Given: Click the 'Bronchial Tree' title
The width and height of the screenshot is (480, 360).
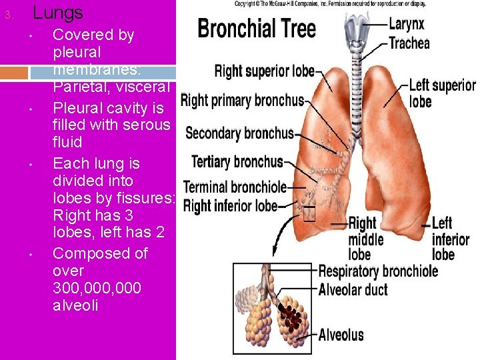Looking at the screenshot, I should pos(257,29).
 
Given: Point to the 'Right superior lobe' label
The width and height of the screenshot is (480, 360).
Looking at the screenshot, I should pos(264,71).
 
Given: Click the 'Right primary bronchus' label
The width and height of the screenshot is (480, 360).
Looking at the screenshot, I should pos(242,101).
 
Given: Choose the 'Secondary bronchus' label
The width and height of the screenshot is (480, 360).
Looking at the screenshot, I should pos(239,133).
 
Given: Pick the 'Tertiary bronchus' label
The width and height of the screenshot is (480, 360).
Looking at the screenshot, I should pos(237,162).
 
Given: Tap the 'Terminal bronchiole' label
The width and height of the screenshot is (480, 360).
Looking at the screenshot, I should pos(235,187).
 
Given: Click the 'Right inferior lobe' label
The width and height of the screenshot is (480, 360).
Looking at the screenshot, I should pos(230,206).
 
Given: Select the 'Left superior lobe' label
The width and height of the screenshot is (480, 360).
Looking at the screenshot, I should pos(441,93).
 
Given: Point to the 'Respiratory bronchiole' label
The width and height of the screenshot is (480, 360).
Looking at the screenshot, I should pos(378,271).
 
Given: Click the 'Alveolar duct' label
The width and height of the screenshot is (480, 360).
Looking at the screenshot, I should pos(353,289).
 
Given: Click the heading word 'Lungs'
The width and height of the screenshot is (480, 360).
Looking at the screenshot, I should pos(58,12).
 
